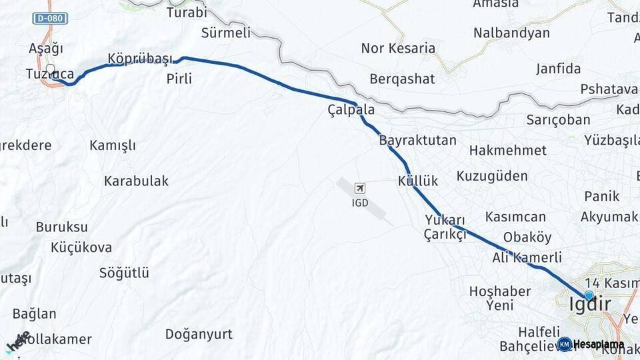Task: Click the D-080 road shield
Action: [50, 19]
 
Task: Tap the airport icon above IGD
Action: [360, 189]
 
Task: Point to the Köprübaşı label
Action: [139, 59]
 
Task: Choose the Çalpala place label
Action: [351, 109]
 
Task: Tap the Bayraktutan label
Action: [418, 141]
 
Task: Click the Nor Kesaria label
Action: [398, 48]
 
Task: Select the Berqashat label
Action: [402, 79]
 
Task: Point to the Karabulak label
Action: [136, 181]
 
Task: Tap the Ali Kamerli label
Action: [527, 257]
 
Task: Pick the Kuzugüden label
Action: [492, 176]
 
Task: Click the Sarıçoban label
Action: [558, 120]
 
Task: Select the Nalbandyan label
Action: [511, 33]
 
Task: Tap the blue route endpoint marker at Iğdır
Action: [589, 295]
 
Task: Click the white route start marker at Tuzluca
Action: [50, 67]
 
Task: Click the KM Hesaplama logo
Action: [591, 344]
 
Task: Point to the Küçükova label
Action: [81, 247]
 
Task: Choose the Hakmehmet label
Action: [507, 151]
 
